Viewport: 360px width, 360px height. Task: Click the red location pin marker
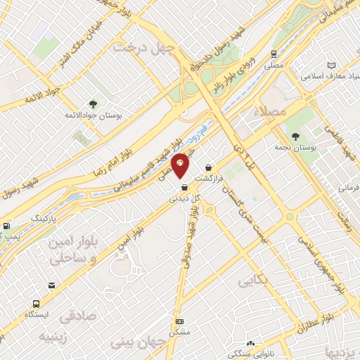pyautogui.click(x=181, y=165)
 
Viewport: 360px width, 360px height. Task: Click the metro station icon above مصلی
pyautogui.click(x=273, y=53)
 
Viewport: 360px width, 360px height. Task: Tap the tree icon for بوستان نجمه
pyautogui.click(x=295, y=136)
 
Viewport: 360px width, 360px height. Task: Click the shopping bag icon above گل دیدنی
pyautogui.click(x=184, y=187)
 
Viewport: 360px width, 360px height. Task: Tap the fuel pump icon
pyautogui.click(x=6, y=226)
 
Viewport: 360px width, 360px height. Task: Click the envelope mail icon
pyautogui.click(x=52, y=285)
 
